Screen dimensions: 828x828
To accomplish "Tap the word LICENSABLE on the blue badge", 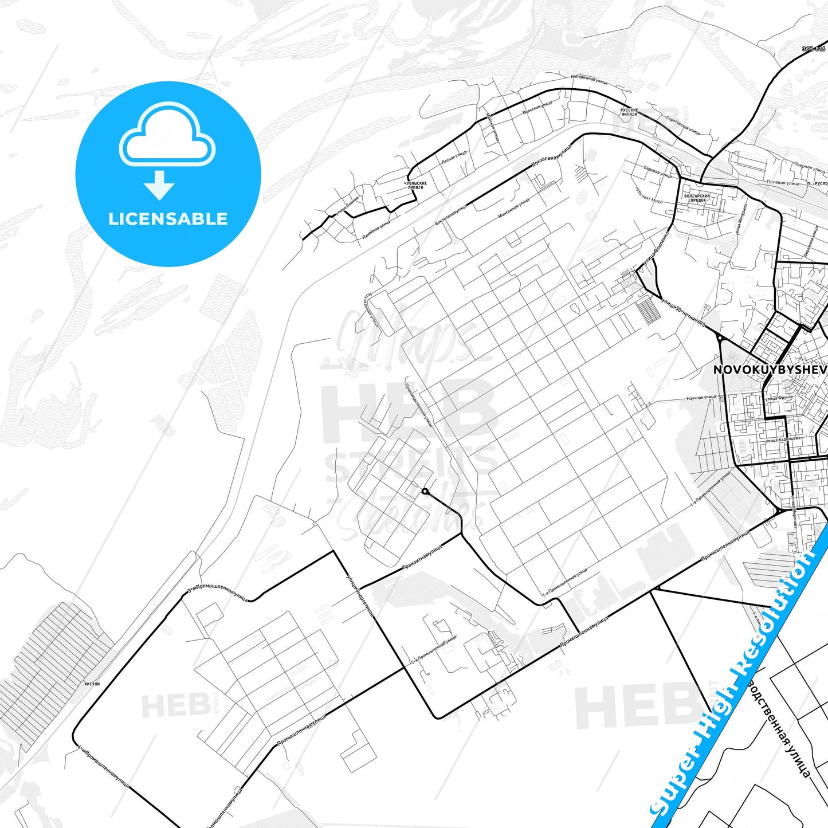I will coord(168,219).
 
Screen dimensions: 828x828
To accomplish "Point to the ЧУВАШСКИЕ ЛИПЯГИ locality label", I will coord(415,185).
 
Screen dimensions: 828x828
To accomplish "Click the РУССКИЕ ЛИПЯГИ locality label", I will coord(629,112).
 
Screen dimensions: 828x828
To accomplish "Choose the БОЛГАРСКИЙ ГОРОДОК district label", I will coord(697,198).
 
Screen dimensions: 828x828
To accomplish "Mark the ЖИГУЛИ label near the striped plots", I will coord(92,684).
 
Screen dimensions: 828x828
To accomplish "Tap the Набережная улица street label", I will coord(588,79).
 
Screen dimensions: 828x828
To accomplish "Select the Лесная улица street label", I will coord(454,158).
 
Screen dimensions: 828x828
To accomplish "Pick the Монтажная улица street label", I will coord(513,207).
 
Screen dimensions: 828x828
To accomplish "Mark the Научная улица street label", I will coord(701,397).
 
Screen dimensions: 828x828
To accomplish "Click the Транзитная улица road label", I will coord(422,557).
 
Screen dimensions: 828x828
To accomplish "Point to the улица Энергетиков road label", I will coord(360,595).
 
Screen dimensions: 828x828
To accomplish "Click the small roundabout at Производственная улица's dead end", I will coord(425,491).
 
